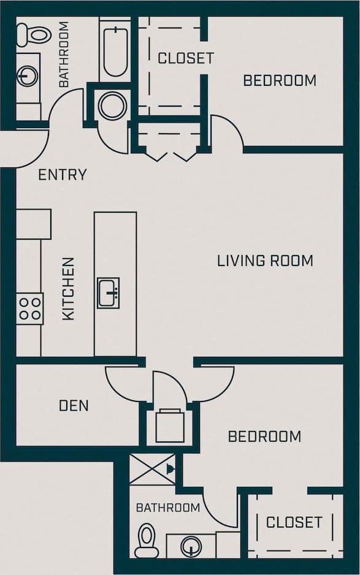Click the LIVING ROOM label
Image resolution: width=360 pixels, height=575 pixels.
tap(265, 261)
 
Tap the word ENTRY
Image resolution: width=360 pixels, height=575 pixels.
tap(62, 175)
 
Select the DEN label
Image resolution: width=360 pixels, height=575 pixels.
tap(74, 405)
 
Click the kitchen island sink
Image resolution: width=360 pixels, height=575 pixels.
tap(108, 292)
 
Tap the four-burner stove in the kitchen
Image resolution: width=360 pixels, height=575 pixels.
tap(29, 308)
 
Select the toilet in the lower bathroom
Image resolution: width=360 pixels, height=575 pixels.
tap(147, 540)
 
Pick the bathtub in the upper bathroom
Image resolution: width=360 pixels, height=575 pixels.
tap(115, 50)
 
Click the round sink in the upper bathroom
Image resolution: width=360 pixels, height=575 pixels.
tap(28, 77)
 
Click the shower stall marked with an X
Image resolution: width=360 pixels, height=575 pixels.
tap(152, 470)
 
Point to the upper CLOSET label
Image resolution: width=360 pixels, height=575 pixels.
tap(185, 58)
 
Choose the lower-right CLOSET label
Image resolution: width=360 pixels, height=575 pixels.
tap(294, 522)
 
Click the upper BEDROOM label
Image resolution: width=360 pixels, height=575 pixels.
tap(280, 80)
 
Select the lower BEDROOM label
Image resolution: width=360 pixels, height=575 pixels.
tap(264, 436)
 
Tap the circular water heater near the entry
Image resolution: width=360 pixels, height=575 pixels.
tap(112, 105)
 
